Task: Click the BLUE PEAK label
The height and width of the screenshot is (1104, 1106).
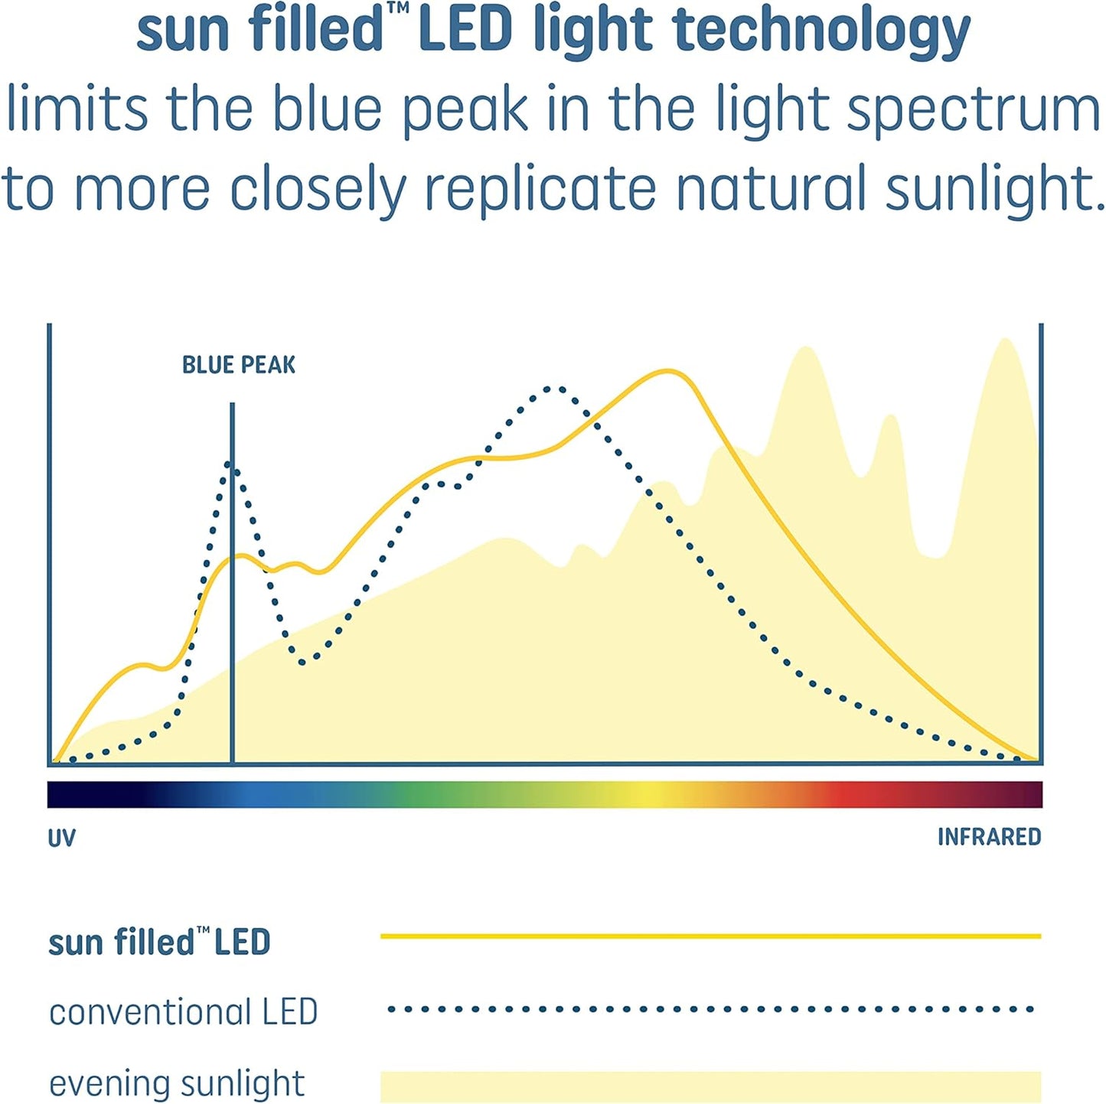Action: [x=238, y=365]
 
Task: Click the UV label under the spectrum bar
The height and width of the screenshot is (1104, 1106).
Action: [x=61, y=839]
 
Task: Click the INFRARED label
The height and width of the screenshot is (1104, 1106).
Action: [x=989, y=837]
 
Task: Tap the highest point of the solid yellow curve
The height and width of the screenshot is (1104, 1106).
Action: [x=668, y=371]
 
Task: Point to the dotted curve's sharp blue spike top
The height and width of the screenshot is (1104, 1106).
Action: [x=230, y=464]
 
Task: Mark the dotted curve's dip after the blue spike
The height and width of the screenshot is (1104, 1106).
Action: [x=304, y=661]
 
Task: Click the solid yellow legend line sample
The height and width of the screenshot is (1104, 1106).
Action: [x=710, y=936]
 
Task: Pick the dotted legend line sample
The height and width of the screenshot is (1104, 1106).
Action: [x=710, y=1009]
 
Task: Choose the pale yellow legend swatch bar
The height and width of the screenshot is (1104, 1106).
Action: [x=710, y=1086]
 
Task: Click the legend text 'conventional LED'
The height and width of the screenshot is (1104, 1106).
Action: [x=183, y=1012]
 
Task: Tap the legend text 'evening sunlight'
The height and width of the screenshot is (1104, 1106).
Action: [x=177, y=1084]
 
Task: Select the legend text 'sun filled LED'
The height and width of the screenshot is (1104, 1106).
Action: [x=159, y=942]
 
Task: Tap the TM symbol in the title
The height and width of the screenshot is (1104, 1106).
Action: [x=398, y=9]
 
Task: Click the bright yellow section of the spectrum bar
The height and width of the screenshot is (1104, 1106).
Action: [x=651, y=794]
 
